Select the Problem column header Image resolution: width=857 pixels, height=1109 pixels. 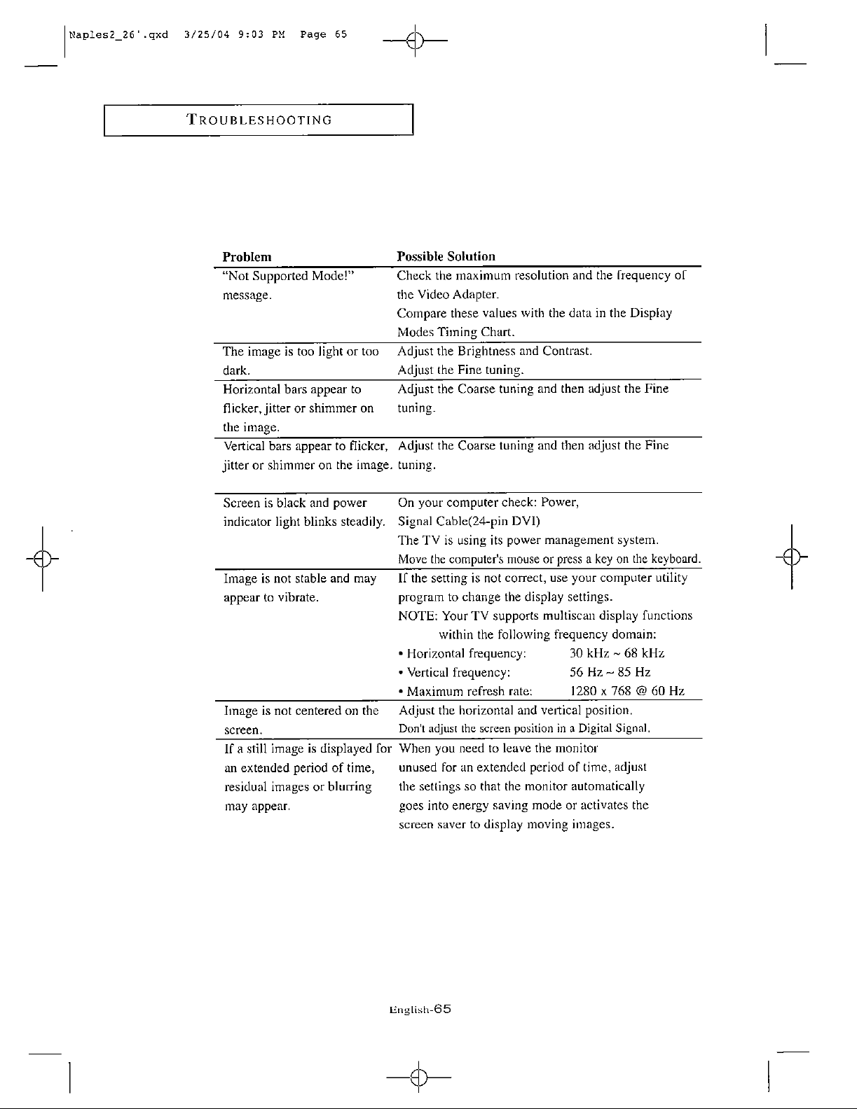(x=247, y=257)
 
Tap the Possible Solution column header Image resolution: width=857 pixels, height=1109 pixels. (x=446, y=257)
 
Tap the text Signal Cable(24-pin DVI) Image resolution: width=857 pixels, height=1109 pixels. (x=469, y=522)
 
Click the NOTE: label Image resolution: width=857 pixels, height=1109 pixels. (x=418, y=616)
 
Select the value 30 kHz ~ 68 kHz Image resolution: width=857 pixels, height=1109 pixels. (x=617, y=654)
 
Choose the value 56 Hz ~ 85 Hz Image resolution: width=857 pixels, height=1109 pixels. (x=610, y=673)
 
